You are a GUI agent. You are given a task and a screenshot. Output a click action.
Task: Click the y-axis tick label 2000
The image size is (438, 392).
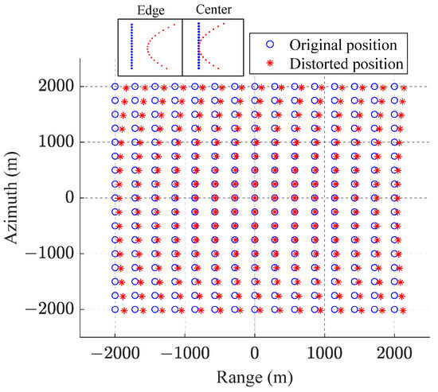coord(55,86)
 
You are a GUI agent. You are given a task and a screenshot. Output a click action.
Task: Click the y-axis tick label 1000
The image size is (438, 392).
coord(55,142)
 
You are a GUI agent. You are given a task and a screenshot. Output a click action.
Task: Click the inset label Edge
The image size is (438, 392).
coord(150,11)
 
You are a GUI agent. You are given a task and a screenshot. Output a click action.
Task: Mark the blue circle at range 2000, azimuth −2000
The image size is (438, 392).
coord(394,309)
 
